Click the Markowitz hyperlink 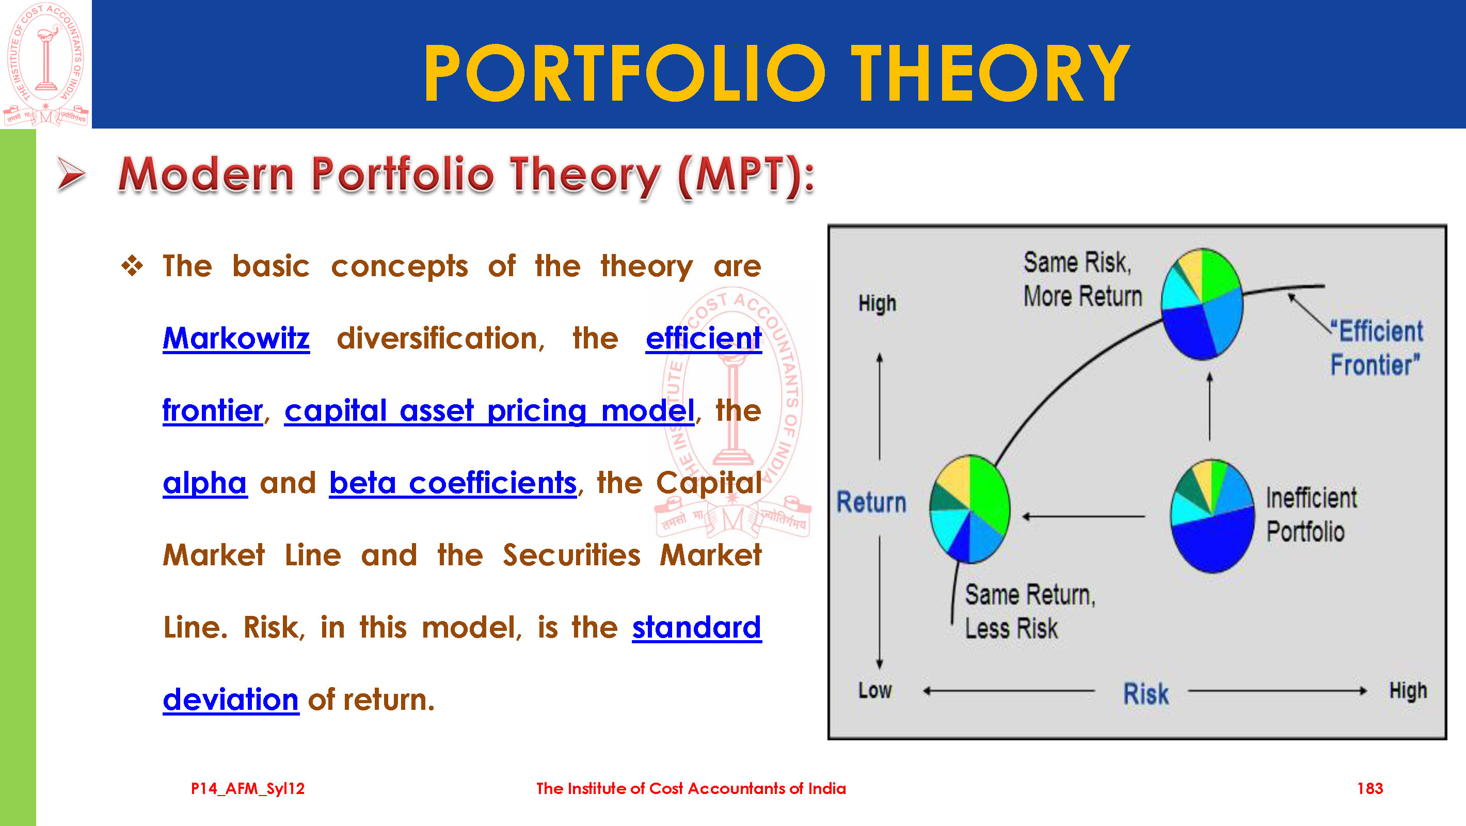click(x=236, y=338)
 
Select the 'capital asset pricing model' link click(x=489, y=410)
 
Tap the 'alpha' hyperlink click(x=205, y=483)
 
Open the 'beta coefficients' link click(x=453, y=483)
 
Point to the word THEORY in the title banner click(x=990, y=73)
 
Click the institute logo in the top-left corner click(x=45, y=64)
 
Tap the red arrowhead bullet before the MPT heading click(x=71, y=173)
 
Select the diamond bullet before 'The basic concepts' click(x=132, y=266)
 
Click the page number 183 click(x=1370, y=788)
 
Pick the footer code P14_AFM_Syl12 click(x=248, y=788)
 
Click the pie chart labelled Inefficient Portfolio click(x=1213, y=516)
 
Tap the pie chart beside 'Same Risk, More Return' click(x=1202, y=304)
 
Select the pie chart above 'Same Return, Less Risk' click(x=970, y=509)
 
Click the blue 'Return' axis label click(x=871, y=502)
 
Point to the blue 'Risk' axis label click(x=1145, y=693)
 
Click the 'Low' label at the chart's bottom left click(x=875, y=691)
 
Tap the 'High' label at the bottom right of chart click(x=1408, y=691)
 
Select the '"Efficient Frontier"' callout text click(x=1376, y=348)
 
